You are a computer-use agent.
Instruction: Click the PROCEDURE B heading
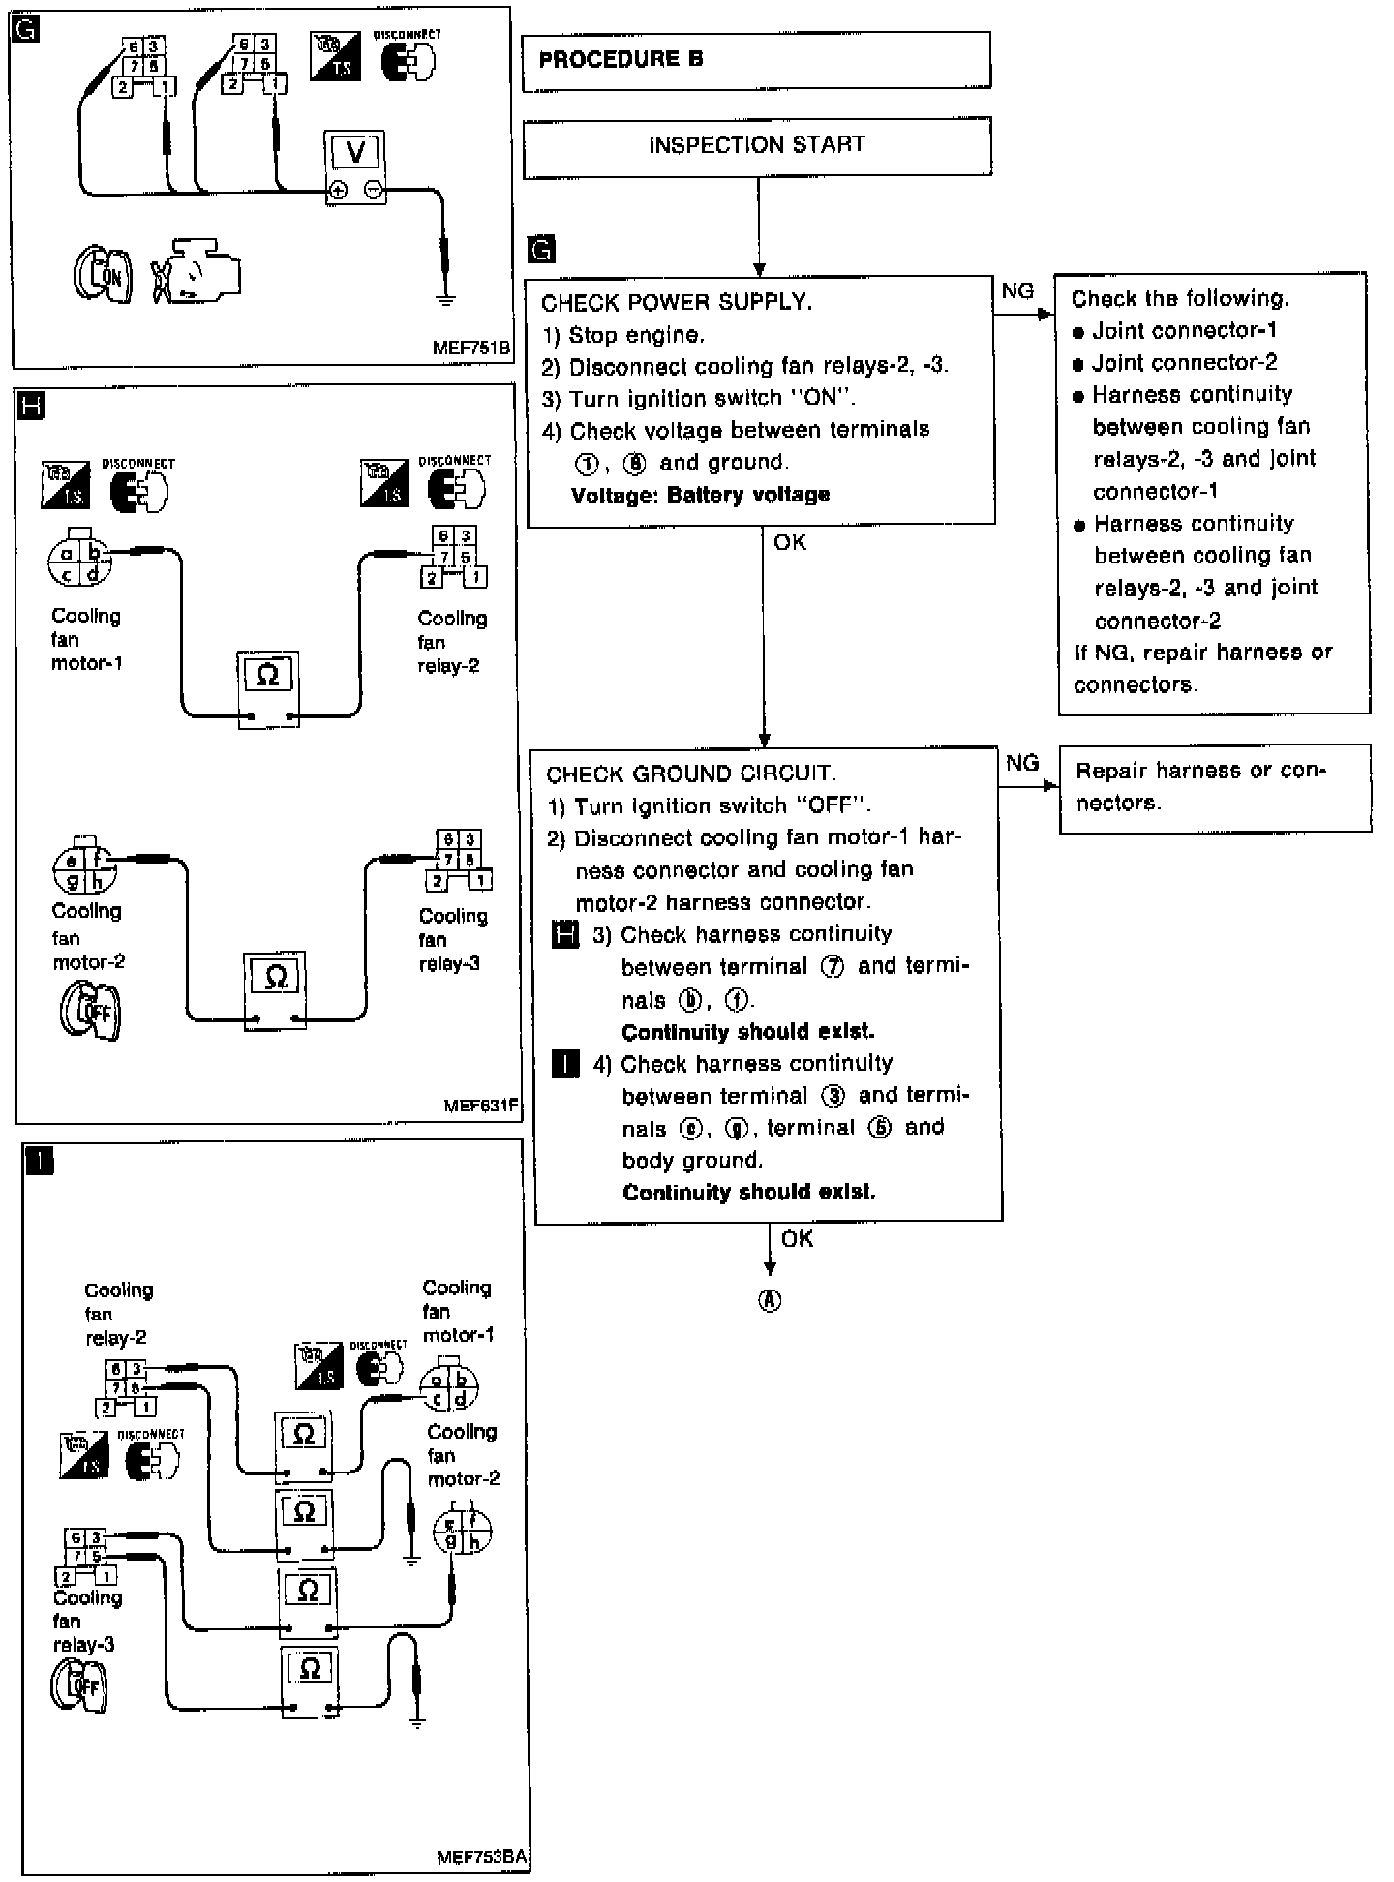pos(621,60)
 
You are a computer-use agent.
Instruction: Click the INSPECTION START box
pos(756,145)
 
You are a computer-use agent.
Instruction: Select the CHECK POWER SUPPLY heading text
pos(676,303)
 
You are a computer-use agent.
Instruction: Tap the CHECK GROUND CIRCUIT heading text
pos(690,774)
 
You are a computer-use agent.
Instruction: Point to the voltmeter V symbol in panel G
pos(355,152)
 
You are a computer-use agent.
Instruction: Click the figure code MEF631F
pos(481,1106)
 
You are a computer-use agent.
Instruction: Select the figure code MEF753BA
pos(481,1857)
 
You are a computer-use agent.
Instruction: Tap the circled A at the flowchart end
pos(770,1301)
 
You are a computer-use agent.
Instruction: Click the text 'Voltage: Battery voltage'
pos(700,496)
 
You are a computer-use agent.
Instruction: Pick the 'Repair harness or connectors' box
pos(1214,787)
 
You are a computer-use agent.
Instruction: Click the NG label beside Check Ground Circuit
pos(1022,764)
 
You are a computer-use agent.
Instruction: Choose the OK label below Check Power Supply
pos(790,543)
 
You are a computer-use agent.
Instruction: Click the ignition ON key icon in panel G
pos(104,275)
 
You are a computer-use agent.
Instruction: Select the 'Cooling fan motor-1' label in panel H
pos(86,640)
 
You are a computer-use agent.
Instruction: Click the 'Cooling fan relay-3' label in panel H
pos(452,940)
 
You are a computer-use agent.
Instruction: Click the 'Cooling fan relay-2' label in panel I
pos(116,1315)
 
